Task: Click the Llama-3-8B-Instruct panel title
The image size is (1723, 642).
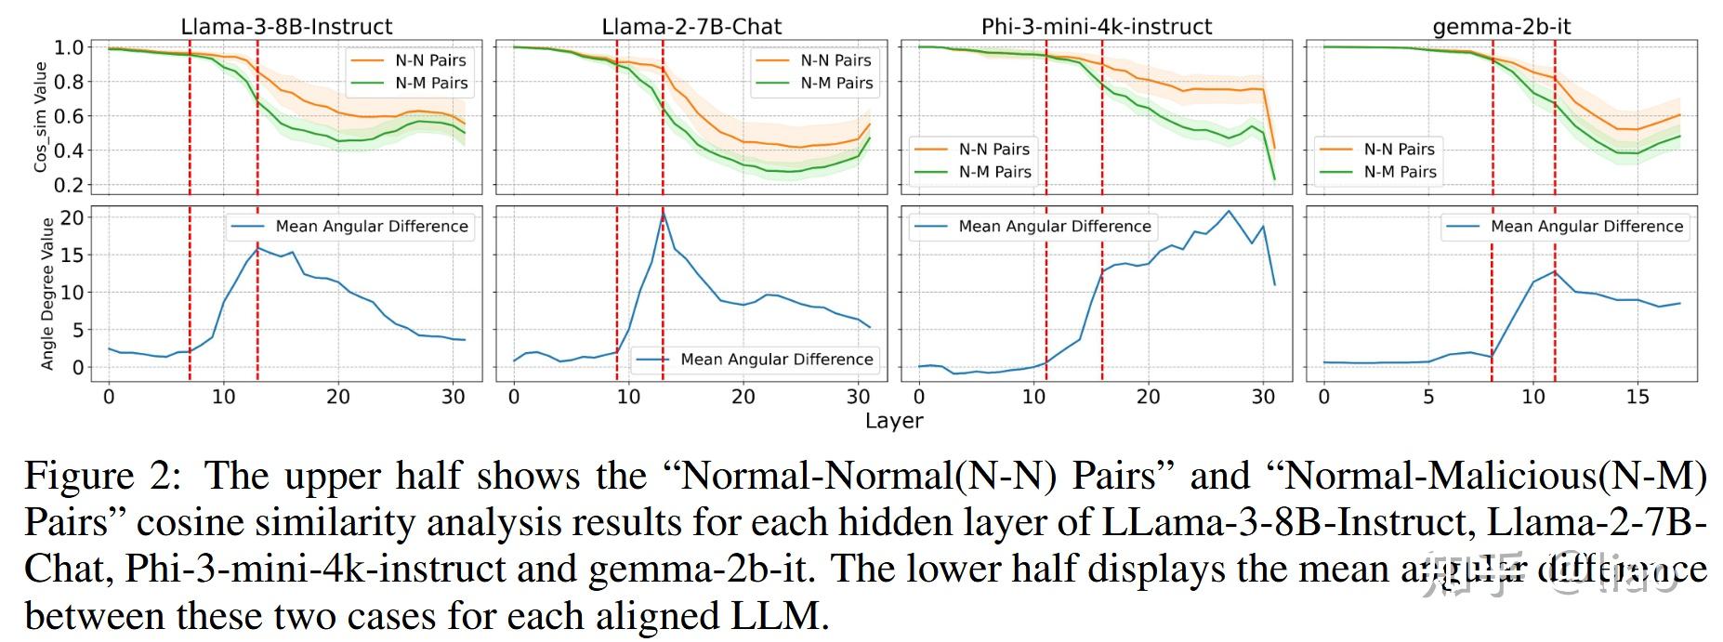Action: pyautogui.click(x=286, y=27)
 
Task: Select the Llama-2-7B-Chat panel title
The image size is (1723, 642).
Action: pyautogui.click(x=691, y=27)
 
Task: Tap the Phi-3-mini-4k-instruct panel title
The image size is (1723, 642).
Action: pyautogui.click(x=1097, y=27)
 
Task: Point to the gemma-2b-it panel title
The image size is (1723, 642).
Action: pyautogui.click(x=1501, y=27)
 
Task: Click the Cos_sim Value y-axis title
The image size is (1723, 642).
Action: pyautogui.click(x=41, y=116)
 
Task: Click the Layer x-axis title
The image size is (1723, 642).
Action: pyautogui.click(x=894, y=421)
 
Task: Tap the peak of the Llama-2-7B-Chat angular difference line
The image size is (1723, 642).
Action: pyautogui.click(x=663, y=213)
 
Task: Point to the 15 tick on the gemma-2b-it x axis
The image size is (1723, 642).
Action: pyautogui.click(x=1638, y=397)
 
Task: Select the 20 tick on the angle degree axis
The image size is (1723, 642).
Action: pyautogui.click(x=72, y=218)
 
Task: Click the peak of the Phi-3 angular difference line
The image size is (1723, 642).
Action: pyautogui.click(x=1229, y=211)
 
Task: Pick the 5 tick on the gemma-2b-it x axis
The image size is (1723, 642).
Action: pyautogui.click(x=1428, y=397)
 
